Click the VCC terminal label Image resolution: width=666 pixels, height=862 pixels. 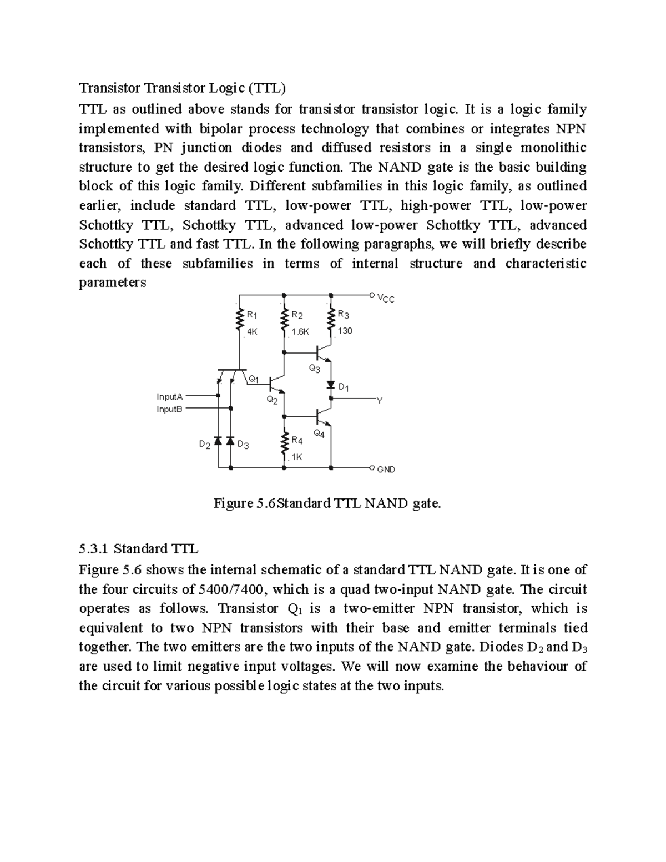pos(386,299)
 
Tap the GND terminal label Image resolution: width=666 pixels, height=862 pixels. pos(386,469)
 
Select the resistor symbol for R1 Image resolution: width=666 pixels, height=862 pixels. pos(240,321)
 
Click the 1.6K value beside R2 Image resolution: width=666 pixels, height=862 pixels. pos(300,331)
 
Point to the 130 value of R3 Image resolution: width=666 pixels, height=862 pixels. pos(345,331)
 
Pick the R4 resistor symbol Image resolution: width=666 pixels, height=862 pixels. pos(285,444)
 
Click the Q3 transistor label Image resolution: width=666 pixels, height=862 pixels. pos(314,369)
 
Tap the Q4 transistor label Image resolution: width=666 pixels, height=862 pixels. pos(319,433)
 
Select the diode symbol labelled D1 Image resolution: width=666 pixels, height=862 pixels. pos(331,385)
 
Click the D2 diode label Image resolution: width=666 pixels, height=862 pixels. pos(205,445)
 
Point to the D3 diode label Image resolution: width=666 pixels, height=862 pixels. pos(243,445)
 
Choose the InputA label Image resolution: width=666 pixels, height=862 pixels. pos(169,396)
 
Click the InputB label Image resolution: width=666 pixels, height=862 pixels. pos(169,409)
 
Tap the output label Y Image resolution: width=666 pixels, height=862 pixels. pos(380,400)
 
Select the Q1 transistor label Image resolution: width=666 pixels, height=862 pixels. pos(253,379)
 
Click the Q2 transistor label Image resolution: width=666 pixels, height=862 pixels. pos(272,400)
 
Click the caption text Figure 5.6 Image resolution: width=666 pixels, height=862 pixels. pos(244,503)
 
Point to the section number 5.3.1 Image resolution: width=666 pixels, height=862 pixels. pos(96,549)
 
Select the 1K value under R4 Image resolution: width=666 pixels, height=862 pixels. pos(296,457)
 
